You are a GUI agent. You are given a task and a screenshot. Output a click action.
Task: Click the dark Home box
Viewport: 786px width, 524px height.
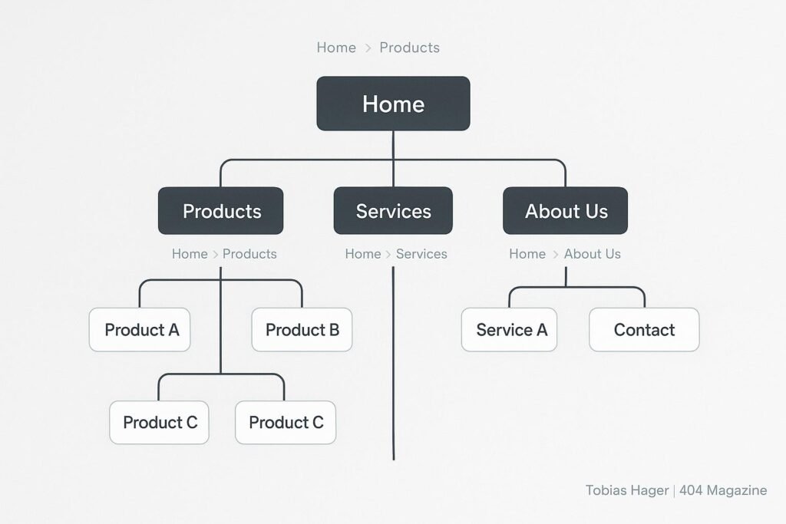tap(393, 104)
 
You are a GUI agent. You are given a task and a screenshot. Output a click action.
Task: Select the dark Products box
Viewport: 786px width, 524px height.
tap(221, 211)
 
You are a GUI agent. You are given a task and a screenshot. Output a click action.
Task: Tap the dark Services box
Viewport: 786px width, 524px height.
tap(393, 211)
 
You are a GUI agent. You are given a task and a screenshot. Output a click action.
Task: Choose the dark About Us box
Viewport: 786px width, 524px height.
tap(566, 211)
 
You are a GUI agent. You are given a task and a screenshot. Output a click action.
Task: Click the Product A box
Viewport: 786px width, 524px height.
tap(140, 330)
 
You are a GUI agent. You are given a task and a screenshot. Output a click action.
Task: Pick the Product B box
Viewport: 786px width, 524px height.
tap(302, 330)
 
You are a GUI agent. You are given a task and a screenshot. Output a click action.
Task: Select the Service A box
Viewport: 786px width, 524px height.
tap(510, 330)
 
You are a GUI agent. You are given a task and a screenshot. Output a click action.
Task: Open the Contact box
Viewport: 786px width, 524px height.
tap(644, 330)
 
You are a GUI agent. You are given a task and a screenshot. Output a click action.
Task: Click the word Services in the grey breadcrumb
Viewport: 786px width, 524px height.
tap(421, 254)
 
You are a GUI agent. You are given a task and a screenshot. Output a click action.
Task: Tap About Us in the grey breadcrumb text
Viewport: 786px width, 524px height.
tap(592, 254)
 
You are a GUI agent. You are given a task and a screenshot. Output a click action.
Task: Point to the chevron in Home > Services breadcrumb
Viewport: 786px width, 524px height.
tap(388, 254)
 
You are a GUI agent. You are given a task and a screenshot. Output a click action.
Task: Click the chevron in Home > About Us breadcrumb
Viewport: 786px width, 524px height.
tap(555, 254)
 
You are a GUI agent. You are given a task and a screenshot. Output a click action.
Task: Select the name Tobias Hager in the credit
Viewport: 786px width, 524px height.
tap(626, 490)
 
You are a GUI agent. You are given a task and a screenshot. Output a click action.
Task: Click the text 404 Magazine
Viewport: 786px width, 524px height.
tap(723, 490)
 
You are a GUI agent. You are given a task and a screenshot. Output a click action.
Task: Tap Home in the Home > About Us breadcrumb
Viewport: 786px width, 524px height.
tap(527, 254)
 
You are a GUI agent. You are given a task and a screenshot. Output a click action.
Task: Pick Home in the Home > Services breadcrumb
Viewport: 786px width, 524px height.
tap(363, 254)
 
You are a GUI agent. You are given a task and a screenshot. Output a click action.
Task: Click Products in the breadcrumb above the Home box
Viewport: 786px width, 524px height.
tap(409, 48)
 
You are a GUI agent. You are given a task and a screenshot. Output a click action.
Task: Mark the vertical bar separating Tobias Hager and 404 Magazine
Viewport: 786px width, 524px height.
tap(674, 490)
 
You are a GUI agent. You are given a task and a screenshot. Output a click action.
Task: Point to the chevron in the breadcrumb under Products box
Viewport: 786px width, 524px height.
tap(216, 254)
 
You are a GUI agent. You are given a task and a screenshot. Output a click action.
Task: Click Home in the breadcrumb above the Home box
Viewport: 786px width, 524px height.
tap(336, 48)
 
